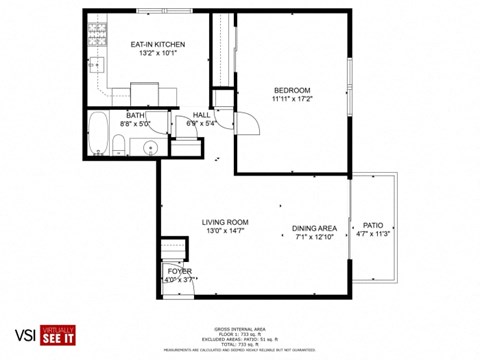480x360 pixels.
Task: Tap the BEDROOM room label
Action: tap(292, 90)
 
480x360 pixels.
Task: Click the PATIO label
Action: tap(373, 226)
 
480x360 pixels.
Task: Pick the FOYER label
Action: tap(178, 270)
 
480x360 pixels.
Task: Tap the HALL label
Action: tap(200, 115)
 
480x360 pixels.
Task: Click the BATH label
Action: tap(133, 115)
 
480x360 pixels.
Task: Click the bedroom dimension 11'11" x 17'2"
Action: tap(292, 99)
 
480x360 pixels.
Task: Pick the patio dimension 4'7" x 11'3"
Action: tap(373, 235)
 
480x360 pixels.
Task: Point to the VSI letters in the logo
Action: tap(27, 333)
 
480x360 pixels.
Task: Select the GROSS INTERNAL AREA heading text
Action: tap(239, 327)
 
